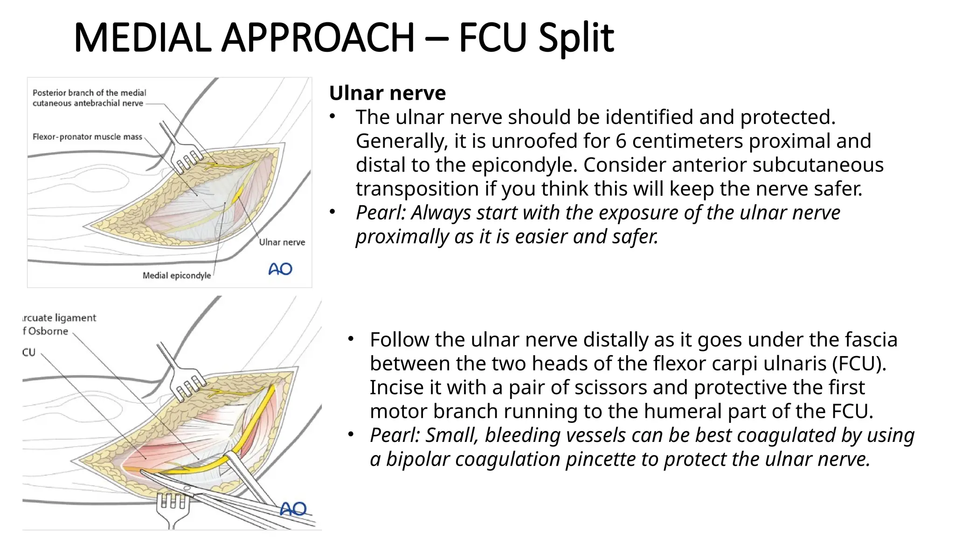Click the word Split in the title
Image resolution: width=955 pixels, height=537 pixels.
(x=576, y=38)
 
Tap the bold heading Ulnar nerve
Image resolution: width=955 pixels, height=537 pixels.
(x=387, y=93)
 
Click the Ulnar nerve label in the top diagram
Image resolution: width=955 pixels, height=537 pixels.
(x=282, y=242)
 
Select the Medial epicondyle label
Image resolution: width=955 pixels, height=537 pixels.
(x=176, y=275)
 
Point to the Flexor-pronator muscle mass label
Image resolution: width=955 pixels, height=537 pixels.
(x=87, y=137)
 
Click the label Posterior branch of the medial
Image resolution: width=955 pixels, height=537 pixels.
(x=89, y=93)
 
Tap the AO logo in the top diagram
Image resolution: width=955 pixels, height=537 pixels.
(x=280, y=269)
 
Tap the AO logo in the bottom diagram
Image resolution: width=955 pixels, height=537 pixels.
(x=293, y=509)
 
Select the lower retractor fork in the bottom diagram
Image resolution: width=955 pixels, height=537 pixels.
(x=173, y=506)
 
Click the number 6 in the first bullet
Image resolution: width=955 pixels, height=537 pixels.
(x=621, y=141)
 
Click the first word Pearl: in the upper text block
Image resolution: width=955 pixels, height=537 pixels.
(x=381, y=213)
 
